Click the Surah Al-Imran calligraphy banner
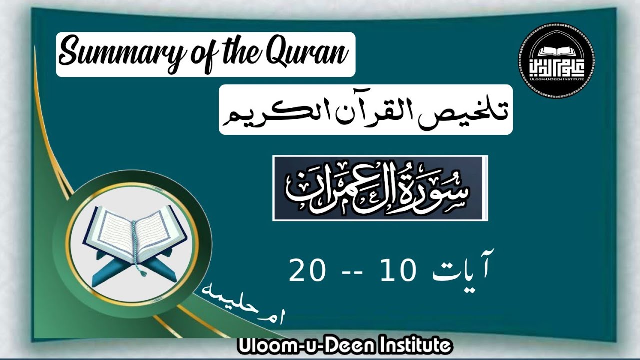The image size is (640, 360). point(380,188)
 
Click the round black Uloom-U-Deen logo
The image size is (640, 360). point(557,60)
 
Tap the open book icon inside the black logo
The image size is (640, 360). point(557,50)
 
